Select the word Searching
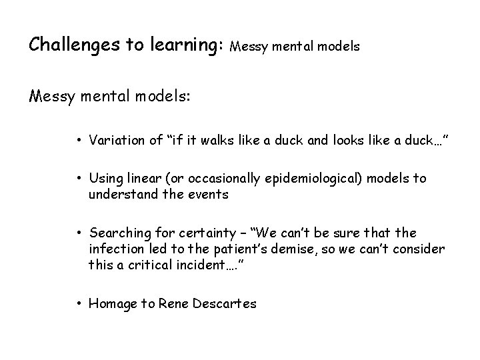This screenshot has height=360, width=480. [x=118, y=234]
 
